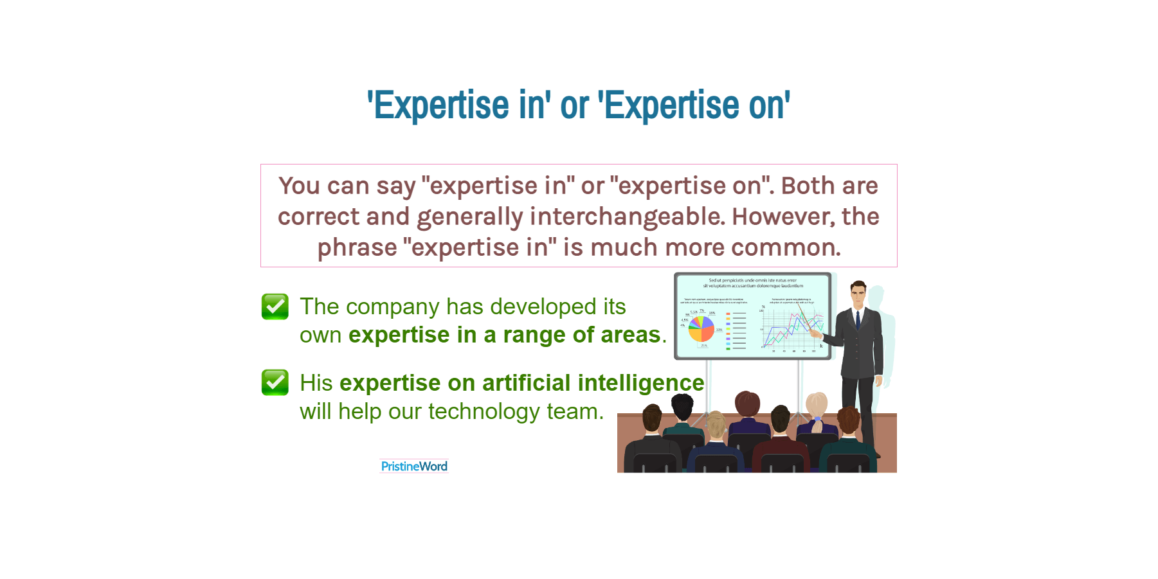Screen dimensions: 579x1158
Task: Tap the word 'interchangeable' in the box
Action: coord(627,217)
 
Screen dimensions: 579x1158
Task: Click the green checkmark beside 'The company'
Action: coord(275,307)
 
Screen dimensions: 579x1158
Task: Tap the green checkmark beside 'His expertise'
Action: coord(275,382)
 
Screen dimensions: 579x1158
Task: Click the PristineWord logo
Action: coord(414,466)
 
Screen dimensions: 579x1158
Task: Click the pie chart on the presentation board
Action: coord(701,328)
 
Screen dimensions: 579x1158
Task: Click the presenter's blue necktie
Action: coord(858,319)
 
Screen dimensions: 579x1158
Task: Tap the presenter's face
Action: coord(858,296)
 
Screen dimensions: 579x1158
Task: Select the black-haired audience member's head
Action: coord(682,406)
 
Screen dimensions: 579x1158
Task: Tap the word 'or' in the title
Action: coord(574,105)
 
